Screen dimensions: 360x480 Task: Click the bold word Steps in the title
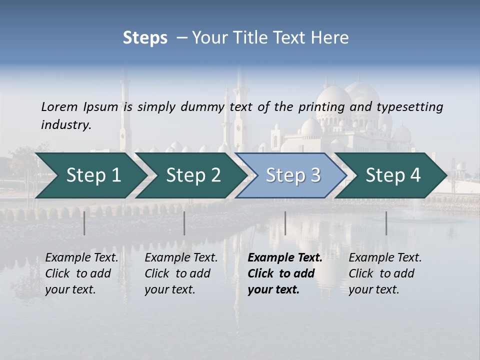[x=145, y=38]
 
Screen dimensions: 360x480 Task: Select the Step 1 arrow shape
[x=90, y=175]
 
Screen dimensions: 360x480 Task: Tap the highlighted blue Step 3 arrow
[x=292, y=175]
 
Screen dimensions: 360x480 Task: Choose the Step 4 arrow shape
[x=393, y=175]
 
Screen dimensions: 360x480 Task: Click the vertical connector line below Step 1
[x=84, y=223]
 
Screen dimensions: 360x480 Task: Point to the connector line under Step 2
[x=184, y=223]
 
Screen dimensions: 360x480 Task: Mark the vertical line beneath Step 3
[x=285, y=223]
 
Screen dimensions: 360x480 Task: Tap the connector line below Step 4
[x=386, y=223]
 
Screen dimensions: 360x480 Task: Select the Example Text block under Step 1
[x=81, y=273]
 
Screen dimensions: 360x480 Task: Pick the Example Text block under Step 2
[x=181, y=273]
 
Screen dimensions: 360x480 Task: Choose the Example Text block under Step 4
[x=385, y=273]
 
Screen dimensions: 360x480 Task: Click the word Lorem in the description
[x=59, y=107]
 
